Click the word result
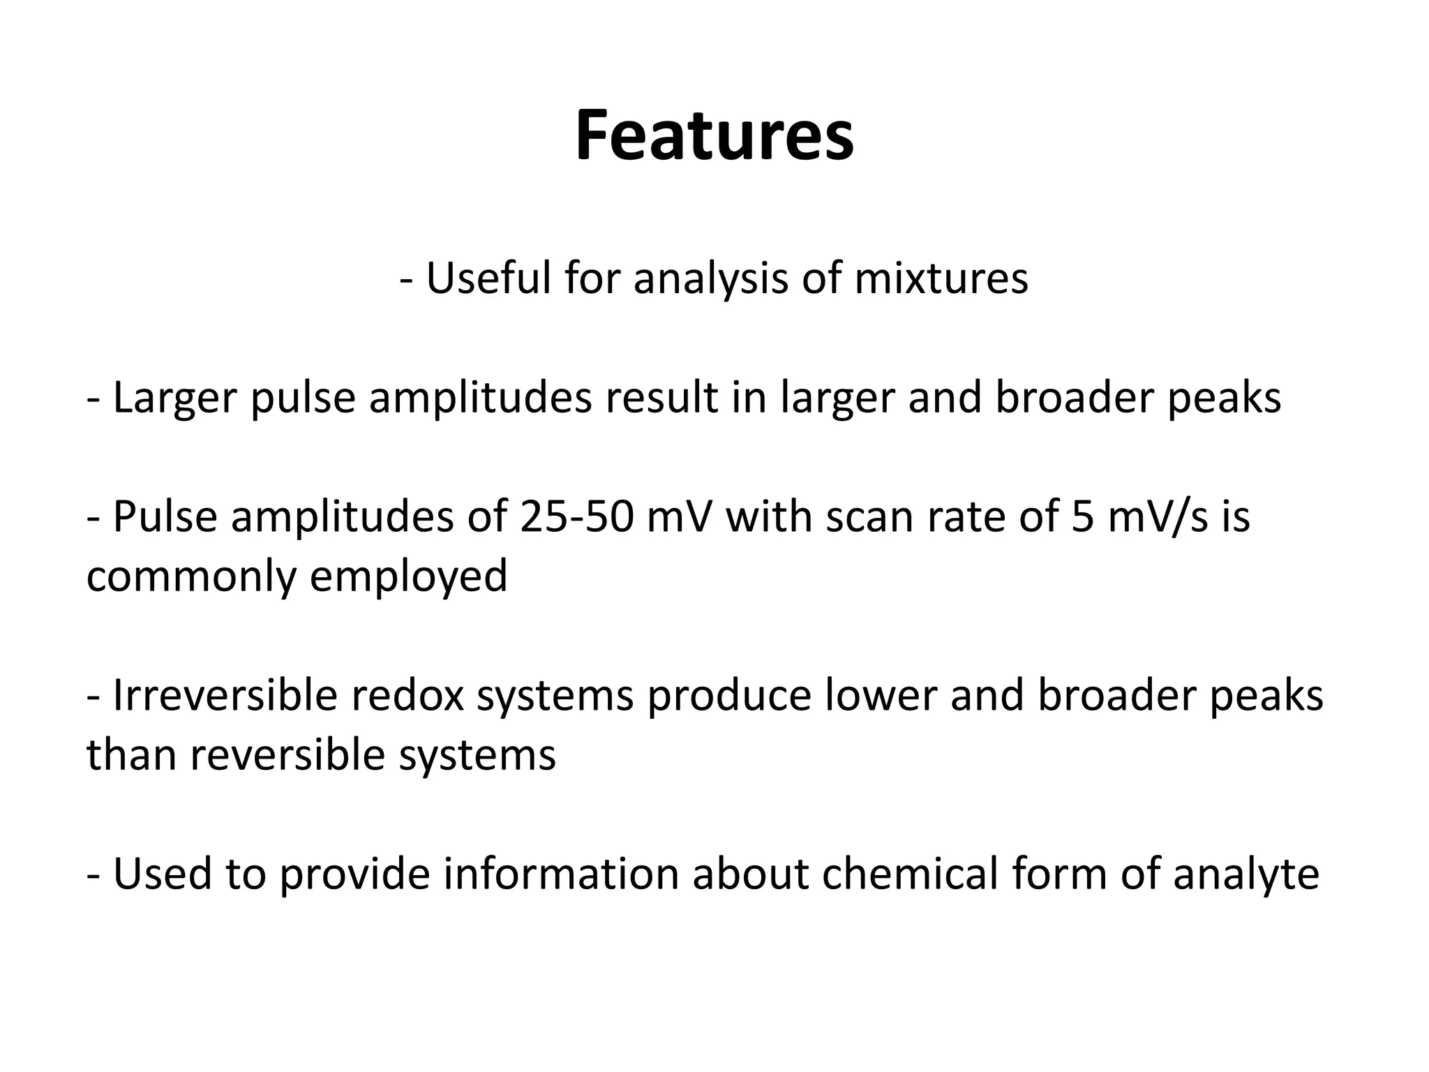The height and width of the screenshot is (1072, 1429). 661,398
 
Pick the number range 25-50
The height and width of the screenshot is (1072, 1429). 576,517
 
